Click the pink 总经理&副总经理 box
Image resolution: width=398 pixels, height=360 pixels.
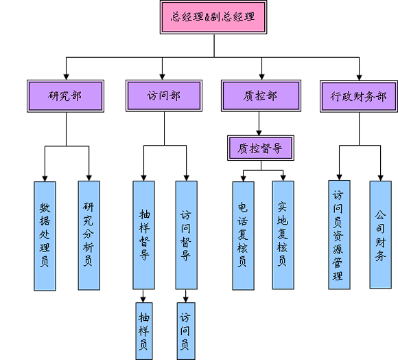(x=213, y=17)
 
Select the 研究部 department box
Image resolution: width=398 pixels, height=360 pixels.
(x=65, y=96)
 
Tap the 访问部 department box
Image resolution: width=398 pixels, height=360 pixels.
(x=164, y=95)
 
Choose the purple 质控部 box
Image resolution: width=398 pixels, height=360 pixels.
(x=261, y=95)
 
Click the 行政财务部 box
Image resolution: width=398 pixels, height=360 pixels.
(x=359, y=97)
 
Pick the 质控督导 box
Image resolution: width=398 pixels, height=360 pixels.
(x=261, y=148)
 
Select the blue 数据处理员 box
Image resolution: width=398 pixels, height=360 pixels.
(x=45, y=236)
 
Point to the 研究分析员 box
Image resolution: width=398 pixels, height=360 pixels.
(x=89, y=236)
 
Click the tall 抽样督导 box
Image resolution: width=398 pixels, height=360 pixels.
(x=143, y=235)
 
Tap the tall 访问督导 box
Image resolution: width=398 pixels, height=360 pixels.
(x=187, y=235)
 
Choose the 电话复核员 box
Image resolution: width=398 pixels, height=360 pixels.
(x=243, y=236)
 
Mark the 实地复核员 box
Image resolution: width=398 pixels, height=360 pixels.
(x=283, y=235)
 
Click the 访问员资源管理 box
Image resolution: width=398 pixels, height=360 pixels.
(x=340, y=235)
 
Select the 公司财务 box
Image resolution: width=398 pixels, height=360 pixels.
(x=380, y=235)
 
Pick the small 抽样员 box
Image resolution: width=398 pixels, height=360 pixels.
(x=144, y=331)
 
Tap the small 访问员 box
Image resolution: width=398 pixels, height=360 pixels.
(x=186, y=331)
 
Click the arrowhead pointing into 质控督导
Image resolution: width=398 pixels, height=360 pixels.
(x=259, y=133)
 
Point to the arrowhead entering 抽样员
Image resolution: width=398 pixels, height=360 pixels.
(x=143, y=300)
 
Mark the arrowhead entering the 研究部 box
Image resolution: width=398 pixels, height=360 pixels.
(x=67, y=77)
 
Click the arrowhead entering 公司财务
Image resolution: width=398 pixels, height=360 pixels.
(x=380, y=178)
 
